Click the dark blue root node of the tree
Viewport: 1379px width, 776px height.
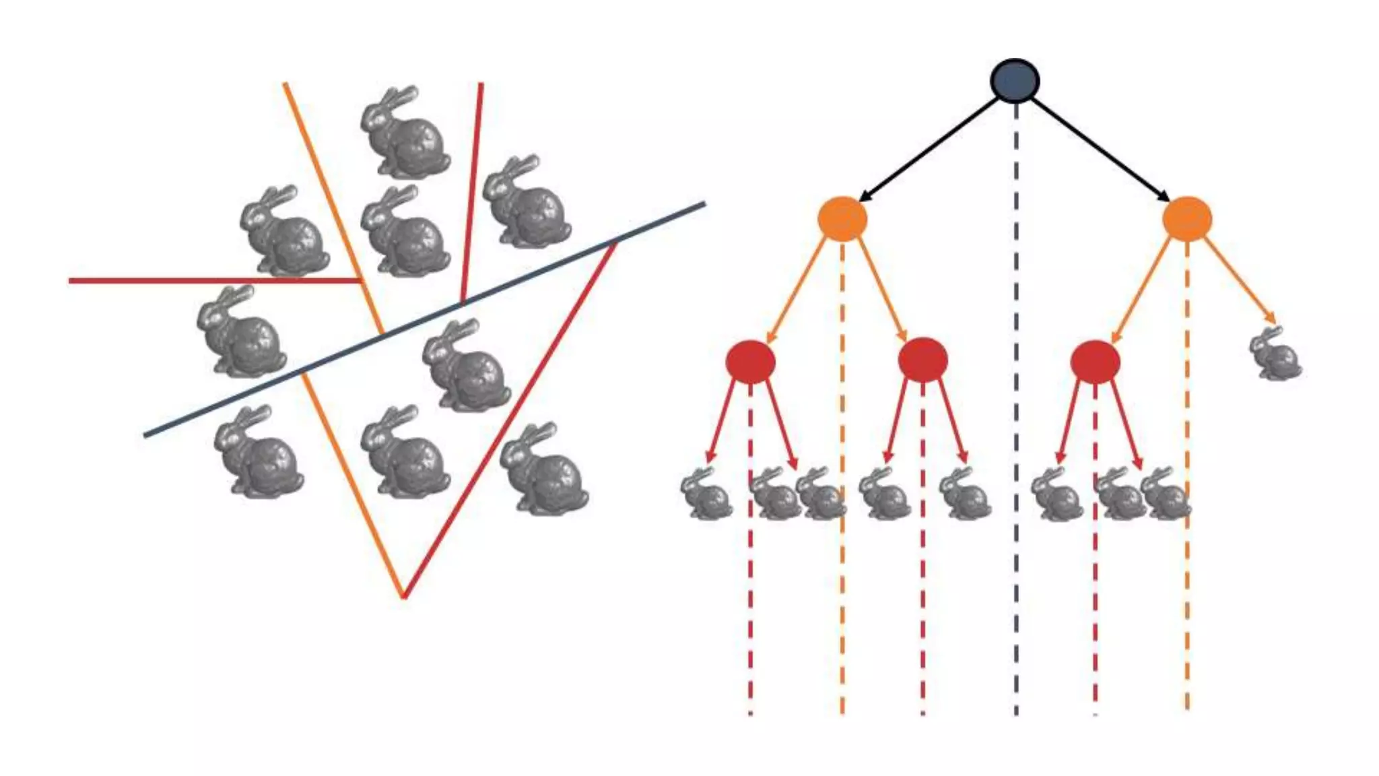1015,81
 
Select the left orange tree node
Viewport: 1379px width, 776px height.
842,218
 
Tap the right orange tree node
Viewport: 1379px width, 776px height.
1187,218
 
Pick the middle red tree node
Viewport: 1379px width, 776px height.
922,360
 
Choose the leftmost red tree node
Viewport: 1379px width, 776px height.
750,361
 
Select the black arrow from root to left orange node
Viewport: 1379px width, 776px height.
929,150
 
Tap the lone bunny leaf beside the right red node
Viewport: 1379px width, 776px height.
1275,354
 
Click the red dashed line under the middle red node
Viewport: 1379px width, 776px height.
922,573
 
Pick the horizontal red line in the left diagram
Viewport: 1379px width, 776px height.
202,280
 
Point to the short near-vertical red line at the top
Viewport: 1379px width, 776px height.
472,189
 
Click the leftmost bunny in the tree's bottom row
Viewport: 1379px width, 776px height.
705,494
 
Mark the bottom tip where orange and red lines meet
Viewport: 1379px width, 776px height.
403,596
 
